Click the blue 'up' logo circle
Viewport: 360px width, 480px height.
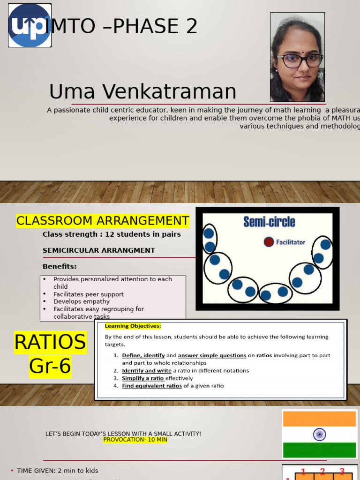click(30, 25)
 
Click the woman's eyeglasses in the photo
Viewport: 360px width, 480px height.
click(300, 60)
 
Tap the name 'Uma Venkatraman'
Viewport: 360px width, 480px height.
click(142, 92)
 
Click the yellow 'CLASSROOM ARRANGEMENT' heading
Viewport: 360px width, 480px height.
click(103, 221)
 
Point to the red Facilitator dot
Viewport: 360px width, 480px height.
click(269, 242)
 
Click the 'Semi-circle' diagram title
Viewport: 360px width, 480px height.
click(269, 222)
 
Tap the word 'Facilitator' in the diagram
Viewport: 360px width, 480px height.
click(291, 242)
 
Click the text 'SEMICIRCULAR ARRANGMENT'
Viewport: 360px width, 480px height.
click(99, 250)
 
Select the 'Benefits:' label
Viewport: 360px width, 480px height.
click(60, 267)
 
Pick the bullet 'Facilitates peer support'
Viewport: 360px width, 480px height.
click(89, 294)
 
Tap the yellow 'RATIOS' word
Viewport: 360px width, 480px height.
click(50, 343)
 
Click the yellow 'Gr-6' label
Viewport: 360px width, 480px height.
click(50, 366)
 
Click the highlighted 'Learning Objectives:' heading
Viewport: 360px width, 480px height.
click(133, 326)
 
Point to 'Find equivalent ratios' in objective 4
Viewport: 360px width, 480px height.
click(152, 386)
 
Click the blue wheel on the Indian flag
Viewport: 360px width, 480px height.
click(320, 435)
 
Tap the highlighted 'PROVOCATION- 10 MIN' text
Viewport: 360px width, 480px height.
click(135, 440)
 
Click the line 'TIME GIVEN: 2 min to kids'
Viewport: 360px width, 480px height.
click(58, 471)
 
